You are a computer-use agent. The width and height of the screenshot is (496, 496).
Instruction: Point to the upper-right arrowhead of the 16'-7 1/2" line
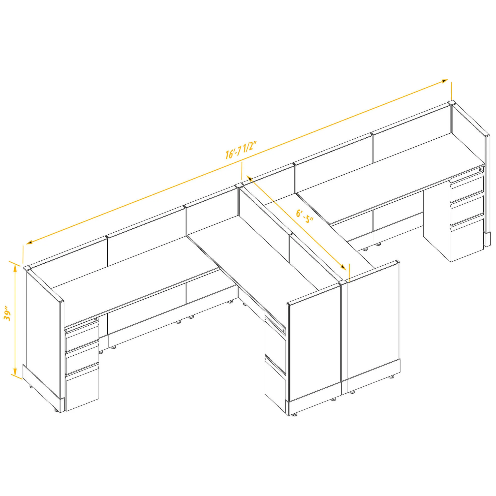pos(445,81)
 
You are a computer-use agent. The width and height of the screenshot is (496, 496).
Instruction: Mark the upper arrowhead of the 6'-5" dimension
pos(249,178)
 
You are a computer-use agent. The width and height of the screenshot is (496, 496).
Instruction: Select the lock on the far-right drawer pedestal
pos(481,169)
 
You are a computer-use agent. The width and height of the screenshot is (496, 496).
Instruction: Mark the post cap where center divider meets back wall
pos(239,185)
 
